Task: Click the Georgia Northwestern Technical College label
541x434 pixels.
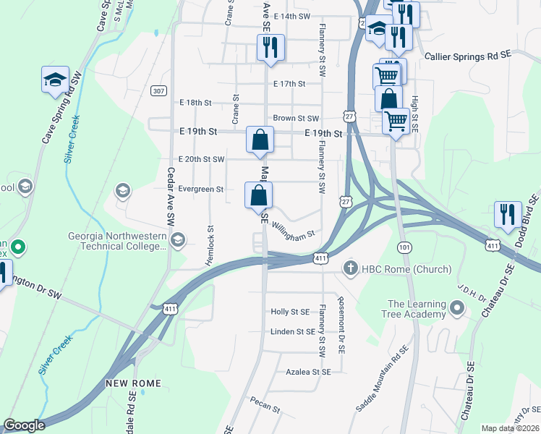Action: click(x=117, y=241)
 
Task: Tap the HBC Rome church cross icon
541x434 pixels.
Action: click(x=351, y=269)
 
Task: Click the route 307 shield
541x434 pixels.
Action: click(x=159, y=90)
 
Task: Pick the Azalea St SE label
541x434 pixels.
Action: click(x=307, y=371)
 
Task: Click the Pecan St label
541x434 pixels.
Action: click(x=265, y=404)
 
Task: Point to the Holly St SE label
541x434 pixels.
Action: click(x=290, y=312)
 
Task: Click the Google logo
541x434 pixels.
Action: click(x=24, y=425)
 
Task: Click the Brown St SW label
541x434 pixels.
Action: click(x=296, y=118)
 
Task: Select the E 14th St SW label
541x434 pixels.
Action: click(x=292, y=16)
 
